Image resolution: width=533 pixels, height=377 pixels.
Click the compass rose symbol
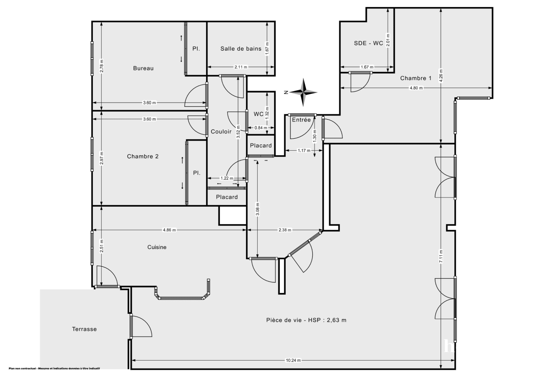304,92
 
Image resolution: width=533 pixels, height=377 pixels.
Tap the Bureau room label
143,68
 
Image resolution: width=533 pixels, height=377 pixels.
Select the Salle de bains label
241,49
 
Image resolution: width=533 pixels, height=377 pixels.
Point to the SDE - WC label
368,43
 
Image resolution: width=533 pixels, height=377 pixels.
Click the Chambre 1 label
416,79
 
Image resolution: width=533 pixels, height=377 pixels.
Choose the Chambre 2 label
143,156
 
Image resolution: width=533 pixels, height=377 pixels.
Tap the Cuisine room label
157,247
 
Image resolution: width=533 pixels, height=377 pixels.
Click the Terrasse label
84,329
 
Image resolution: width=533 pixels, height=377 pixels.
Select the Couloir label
221,132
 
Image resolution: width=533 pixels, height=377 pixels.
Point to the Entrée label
301,120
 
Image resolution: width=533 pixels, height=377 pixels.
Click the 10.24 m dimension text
293,360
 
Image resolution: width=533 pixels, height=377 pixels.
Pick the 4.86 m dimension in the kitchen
169,230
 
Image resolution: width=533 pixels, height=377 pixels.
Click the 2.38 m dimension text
285,230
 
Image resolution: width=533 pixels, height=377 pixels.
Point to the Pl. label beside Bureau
196,49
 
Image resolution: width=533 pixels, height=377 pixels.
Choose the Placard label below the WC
261,146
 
